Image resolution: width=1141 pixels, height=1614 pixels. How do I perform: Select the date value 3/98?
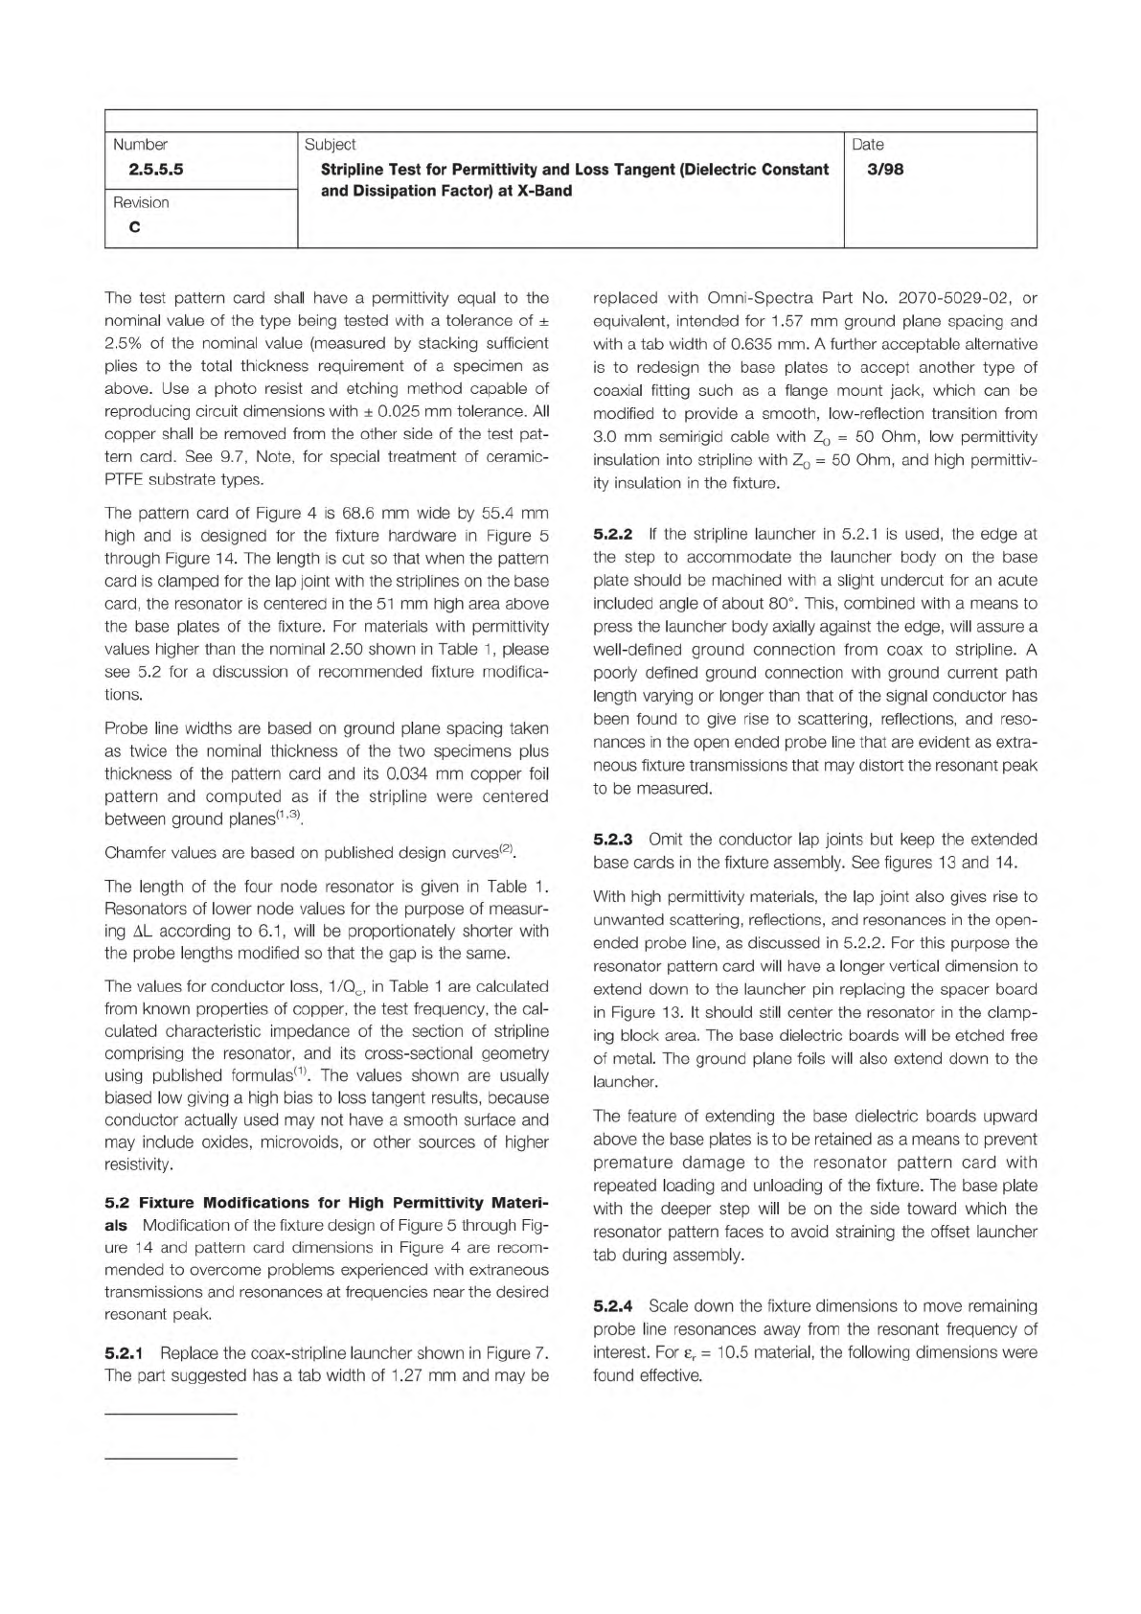[884, 170]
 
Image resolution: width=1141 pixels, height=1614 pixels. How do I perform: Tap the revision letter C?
[134, 227]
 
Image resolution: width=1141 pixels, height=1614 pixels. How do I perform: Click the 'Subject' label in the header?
[330, 145]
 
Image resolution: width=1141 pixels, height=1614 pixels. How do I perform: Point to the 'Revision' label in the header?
[141, 202]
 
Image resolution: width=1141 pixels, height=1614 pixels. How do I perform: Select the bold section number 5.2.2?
[613, 534]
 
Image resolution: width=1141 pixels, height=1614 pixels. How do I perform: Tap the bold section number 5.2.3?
[613, 839]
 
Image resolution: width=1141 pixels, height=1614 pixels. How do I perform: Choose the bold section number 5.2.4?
[613, 1305]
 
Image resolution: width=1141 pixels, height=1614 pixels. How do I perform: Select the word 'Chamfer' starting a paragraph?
[135, 852]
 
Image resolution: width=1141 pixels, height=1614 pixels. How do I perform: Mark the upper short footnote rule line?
[170, 1414]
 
